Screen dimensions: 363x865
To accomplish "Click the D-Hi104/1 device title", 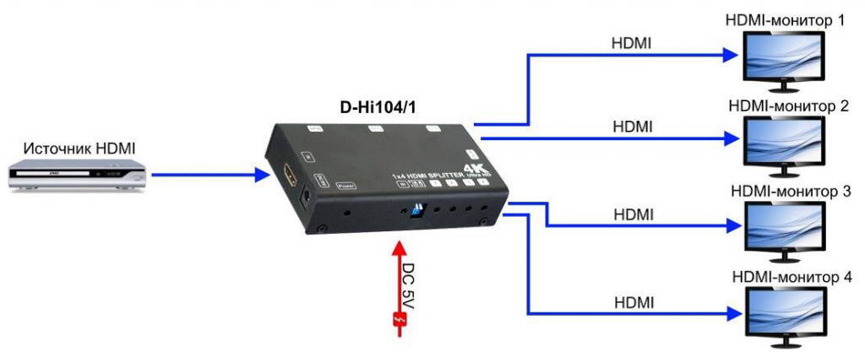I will click(x=383, y=108).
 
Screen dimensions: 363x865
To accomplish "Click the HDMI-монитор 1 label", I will click(x=785, y=19).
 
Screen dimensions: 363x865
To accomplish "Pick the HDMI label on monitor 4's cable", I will click(x=634, y=301).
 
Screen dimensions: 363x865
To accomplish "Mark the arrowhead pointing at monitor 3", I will click(x=731, y=225).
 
